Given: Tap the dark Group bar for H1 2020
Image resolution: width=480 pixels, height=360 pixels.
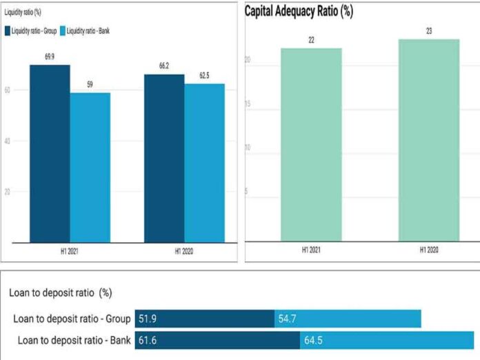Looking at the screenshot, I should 164,158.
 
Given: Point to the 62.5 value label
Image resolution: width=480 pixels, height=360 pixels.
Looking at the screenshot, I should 204,77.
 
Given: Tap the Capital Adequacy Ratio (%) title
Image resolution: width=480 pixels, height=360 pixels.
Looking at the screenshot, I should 299,12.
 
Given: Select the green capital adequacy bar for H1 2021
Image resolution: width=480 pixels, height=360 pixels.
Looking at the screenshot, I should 311,145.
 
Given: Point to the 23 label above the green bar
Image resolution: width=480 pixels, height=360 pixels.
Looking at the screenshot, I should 429,32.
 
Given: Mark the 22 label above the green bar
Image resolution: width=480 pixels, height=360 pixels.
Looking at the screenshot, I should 311,41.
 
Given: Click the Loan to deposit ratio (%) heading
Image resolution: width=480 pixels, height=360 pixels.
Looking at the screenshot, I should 61,292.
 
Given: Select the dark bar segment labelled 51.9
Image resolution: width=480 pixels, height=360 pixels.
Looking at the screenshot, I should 204,319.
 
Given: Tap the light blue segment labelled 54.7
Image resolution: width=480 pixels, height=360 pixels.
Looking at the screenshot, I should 348,319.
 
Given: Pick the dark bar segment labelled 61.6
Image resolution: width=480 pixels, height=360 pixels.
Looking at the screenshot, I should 217,340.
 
